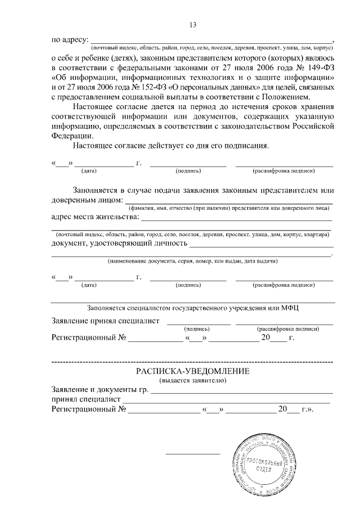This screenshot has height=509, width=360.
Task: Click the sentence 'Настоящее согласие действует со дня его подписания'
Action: point(171,146)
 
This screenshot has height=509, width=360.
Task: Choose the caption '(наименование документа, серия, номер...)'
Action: point(192,261)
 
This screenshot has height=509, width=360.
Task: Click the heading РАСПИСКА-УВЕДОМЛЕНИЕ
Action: point(192,372)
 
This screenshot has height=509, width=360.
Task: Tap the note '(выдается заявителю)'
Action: point(192,381)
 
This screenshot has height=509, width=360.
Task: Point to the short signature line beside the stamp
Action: point(192,454)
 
